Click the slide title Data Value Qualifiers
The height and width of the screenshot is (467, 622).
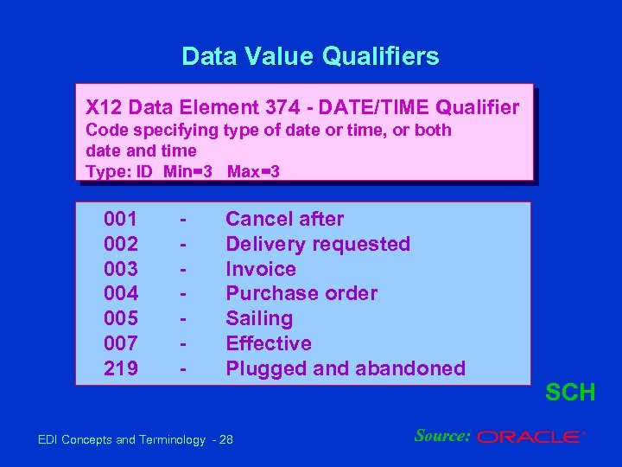click(x=310, y=57)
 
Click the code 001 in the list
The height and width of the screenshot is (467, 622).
click(x=120, y=220)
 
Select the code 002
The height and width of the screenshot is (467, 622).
click(x=120, y=245)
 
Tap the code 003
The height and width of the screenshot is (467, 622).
click(x=120, y=269)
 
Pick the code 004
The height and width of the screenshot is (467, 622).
click(x=120, y=294)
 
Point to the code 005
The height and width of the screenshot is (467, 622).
click(x=120, y=319)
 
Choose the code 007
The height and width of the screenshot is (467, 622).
click(x=120, y=343)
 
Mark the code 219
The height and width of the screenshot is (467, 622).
click(x=120, y=368)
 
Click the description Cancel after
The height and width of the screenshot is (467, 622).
click(x=284, y=220)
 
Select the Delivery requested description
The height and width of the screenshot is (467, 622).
click(x=317, y=245)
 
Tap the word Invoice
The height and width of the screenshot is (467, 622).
click(x=260, y=269)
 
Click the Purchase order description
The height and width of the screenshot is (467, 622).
click(x=301, y=294)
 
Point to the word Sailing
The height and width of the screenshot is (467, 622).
click(x=259, y=319)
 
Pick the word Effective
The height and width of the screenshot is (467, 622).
click(x=268, y=343)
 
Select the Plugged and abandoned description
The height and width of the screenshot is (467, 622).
click(x=345, y=368)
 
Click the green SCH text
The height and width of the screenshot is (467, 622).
click(x=570, y=393)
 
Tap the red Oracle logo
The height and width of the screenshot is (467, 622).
click(x=530, y=438)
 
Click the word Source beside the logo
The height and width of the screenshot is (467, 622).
click(x=441, y=436)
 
